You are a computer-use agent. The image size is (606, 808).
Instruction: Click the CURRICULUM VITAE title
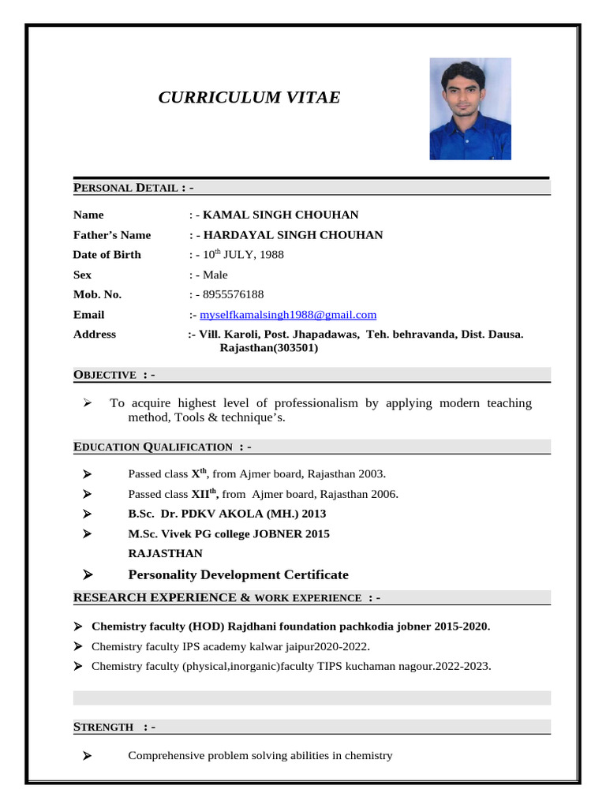pos(249,98)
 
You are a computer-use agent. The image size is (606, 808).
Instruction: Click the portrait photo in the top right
pos(469,109)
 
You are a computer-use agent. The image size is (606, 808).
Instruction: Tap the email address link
pos(288,314)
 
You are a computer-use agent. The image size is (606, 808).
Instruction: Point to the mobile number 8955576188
pos(234,294)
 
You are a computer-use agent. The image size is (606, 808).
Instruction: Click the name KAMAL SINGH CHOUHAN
pos(281,215)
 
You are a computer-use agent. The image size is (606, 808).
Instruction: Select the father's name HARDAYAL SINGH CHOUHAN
pos(293,235)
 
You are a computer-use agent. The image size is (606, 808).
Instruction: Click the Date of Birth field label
pos(107,255)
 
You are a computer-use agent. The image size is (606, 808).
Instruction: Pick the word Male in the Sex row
pos(215,275)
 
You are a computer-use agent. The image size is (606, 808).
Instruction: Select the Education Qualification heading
pos(162,447)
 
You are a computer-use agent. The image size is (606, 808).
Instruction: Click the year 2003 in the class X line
pos(371,474)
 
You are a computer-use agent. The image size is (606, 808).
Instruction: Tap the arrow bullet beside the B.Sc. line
pos(88,514)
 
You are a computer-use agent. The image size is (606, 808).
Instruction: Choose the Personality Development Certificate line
pos(238,574)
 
